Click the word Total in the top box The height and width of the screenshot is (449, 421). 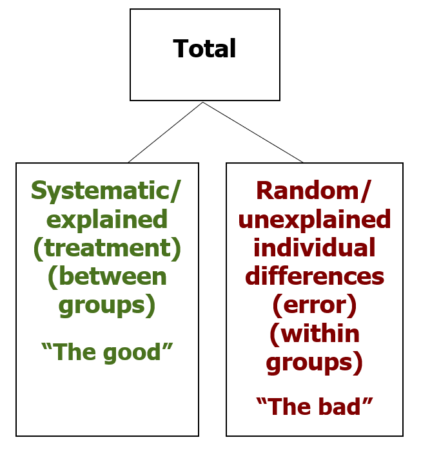[x=204, y=48]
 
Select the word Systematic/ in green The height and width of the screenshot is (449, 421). [x=106, y=191]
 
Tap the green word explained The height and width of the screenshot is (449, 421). [x=107, y=220]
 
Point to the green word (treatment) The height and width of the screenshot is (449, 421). [x=107, y=249]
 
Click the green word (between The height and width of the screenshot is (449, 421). [x=107, y=277]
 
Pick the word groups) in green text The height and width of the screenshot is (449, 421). [x=107, y=306]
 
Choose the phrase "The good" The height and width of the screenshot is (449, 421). [x=107, y=352]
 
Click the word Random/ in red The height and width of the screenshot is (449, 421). [x=314, y=191]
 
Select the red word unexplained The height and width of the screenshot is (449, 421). [x=315, y=220]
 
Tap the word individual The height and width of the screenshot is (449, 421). [x=315, y=248]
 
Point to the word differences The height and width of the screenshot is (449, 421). [x=315, y=276]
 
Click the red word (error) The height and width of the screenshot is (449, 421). [x=315, y=306]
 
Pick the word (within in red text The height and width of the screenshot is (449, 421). [x=315, y=334]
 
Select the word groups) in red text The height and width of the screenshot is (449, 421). [x=315, y=363]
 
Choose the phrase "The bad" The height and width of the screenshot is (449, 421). [x=315, y=406]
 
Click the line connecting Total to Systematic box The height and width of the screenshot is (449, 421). [x=166, y=132]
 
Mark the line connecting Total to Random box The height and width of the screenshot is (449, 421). [x=253, y=132]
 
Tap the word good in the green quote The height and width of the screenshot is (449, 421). [x=132, y=354]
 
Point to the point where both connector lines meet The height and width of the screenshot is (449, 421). [x=203, y=102]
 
